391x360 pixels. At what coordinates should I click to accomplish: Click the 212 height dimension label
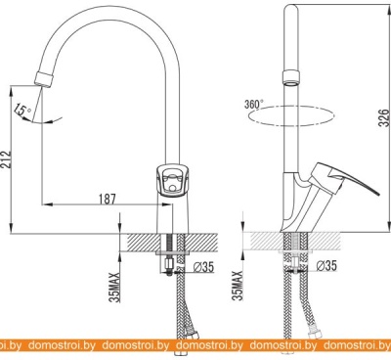6,159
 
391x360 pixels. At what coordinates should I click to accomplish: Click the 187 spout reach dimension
108,199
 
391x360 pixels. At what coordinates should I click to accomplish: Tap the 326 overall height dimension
384,117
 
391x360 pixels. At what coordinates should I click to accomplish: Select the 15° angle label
22,110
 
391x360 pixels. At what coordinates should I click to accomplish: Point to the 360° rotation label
254,104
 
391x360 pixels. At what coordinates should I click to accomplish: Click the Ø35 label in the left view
203,267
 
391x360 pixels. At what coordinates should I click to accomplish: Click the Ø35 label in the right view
326,265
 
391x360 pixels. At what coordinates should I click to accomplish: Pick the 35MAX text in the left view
115,287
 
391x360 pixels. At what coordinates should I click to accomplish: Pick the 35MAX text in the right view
239,286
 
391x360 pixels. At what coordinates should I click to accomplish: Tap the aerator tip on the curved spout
43,79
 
